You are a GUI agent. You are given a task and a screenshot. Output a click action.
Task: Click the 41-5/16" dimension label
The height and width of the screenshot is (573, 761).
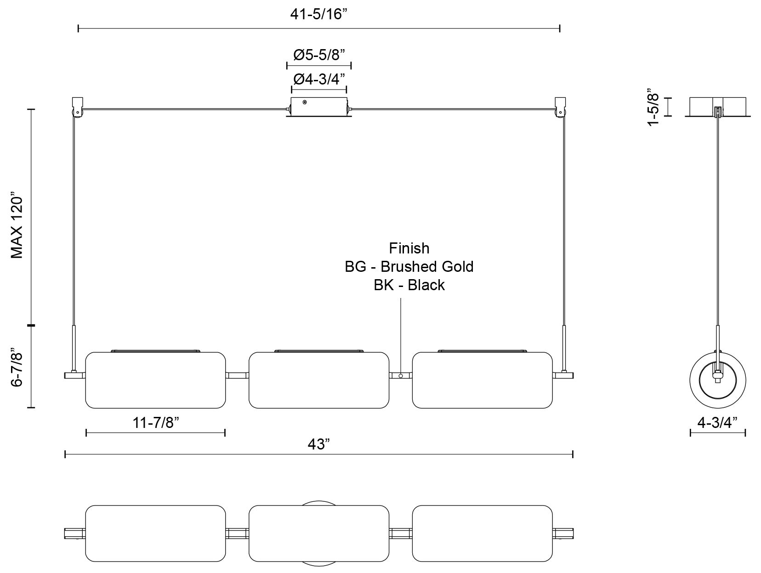point(318,14)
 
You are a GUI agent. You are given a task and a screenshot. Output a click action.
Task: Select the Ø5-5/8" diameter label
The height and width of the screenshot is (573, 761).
point(319,55)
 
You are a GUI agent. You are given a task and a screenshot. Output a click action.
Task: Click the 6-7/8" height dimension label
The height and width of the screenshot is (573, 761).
point(17,366)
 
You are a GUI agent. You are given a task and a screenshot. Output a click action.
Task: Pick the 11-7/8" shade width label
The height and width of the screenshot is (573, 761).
point(156,423)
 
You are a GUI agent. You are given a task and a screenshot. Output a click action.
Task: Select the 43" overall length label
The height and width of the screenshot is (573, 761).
point(318,444)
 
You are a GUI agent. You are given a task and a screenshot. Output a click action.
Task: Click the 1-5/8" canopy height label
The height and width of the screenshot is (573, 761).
point(653,107)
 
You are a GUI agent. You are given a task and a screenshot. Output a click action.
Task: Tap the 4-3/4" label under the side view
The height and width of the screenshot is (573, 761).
point(717,422)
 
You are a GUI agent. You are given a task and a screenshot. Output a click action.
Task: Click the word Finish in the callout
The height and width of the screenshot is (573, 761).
point(409,248)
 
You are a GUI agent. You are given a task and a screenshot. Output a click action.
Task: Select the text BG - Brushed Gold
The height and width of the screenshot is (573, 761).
point(409,266)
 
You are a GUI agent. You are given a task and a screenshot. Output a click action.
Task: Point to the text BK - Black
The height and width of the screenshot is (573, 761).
point(409,285)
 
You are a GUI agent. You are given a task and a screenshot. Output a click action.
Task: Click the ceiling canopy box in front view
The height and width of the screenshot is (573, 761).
point(319,107)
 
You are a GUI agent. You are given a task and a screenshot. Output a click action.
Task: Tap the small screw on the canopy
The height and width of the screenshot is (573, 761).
point(304,102)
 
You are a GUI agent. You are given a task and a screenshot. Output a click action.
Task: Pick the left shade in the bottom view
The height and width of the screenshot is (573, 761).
point(155,534)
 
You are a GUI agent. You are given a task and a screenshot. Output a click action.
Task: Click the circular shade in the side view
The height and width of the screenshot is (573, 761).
point(717,380)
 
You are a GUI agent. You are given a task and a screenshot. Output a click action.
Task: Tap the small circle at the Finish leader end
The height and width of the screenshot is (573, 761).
point(401,376)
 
